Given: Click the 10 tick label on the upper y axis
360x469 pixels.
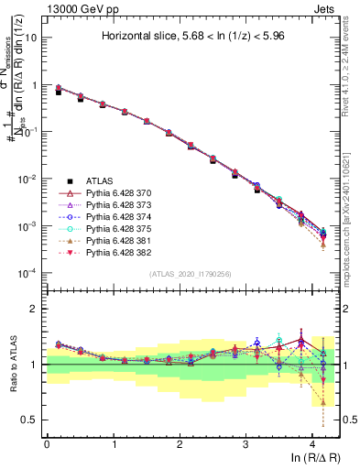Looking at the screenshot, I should click(31, 38).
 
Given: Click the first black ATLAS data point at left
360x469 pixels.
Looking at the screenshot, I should click(58, 92).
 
